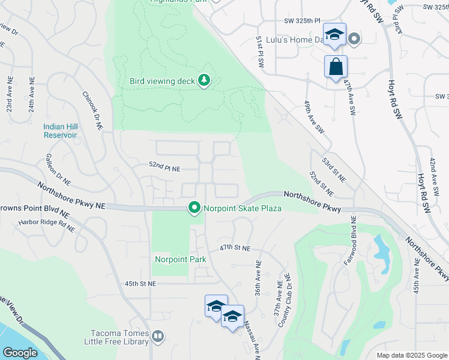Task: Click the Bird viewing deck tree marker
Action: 204,80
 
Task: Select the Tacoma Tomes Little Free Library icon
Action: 158,337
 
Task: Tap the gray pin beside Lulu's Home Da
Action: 354,40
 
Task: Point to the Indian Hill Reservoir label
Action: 60,131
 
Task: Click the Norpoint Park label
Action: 181,259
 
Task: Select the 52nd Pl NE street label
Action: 165,169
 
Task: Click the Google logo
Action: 20,353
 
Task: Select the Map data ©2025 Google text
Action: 412,355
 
